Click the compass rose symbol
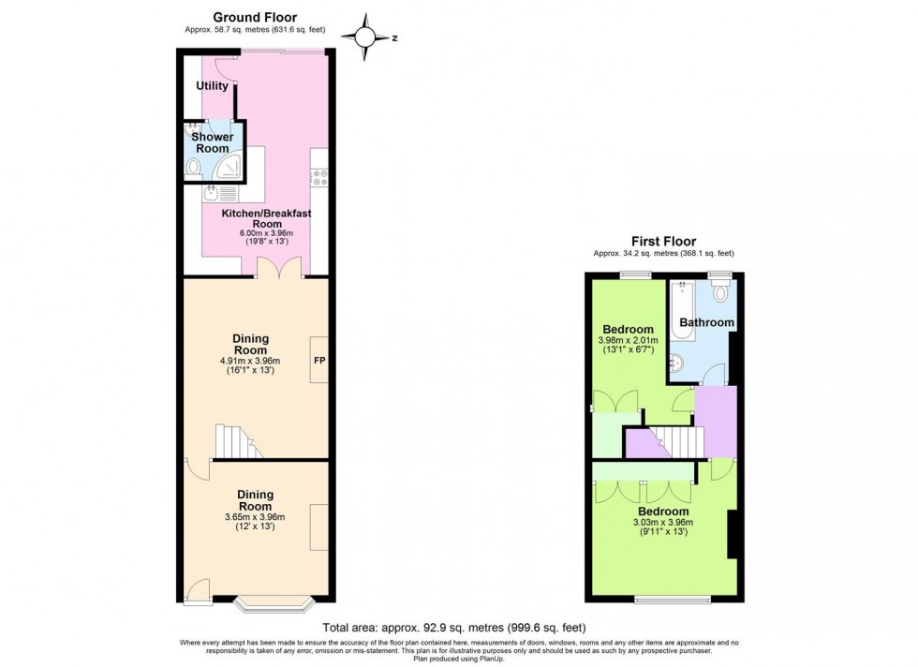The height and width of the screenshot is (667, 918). pyautogui.click(x=364, y=37)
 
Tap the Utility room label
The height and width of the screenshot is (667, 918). pyautogui.click(x=212, y=85)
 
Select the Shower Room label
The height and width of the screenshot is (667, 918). pyautogui.click(x=213, y=142)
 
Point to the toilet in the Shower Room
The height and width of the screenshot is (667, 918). pyautogui.click(x=193, y=169)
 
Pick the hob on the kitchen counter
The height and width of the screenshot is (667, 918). pyautogui.click(x=319, y=178)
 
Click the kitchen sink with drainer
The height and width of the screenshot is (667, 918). pyautogui.click(x=220, y=193)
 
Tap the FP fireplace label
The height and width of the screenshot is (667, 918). pyautogui.click(x=319, y=361)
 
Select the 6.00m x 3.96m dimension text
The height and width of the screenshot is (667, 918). pyautogui.click(x=266, y=233)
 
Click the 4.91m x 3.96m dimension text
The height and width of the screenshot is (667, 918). pyautogui.click(x=251, y=361)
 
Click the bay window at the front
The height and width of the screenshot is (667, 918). pyautogui.click(x=274, y=604)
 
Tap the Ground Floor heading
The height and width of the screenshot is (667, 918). pyautogui.click(x=255, y=18)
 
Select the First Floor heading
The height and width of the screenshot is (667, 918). pyautogui.click(x=663, y=242)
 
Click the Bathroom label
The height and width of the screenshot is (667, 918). pyautogui.click(x=706, y=322)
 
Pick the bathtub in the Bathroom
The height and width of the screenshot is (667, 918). pyautogui.click(x=683, y=311)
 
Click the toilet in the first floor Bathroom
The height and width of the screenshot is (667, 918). pyautogui.click(x=720, y=289)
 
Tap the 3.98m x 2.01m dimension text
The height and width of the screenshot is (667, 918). pyautogui.click(x=629, y=340)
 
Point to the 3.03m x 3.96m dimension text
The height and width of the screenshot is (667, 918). pyautogui.click(x=663, y=523)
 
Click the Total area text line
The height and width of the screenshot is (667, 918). pyautogui.click(x=454, y=628)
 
